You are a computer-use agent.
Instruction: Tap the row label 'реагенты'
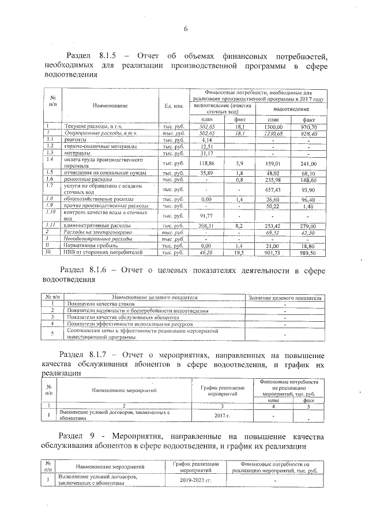76,139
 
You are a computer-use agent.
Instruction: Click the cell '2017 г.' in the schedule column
221,414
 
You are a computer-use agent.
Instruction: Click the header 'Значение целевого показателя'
284,298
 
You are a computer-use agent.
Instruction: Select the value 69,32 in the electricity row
274,232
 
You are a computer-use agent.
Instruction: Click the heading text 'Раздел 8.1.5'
96,56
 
